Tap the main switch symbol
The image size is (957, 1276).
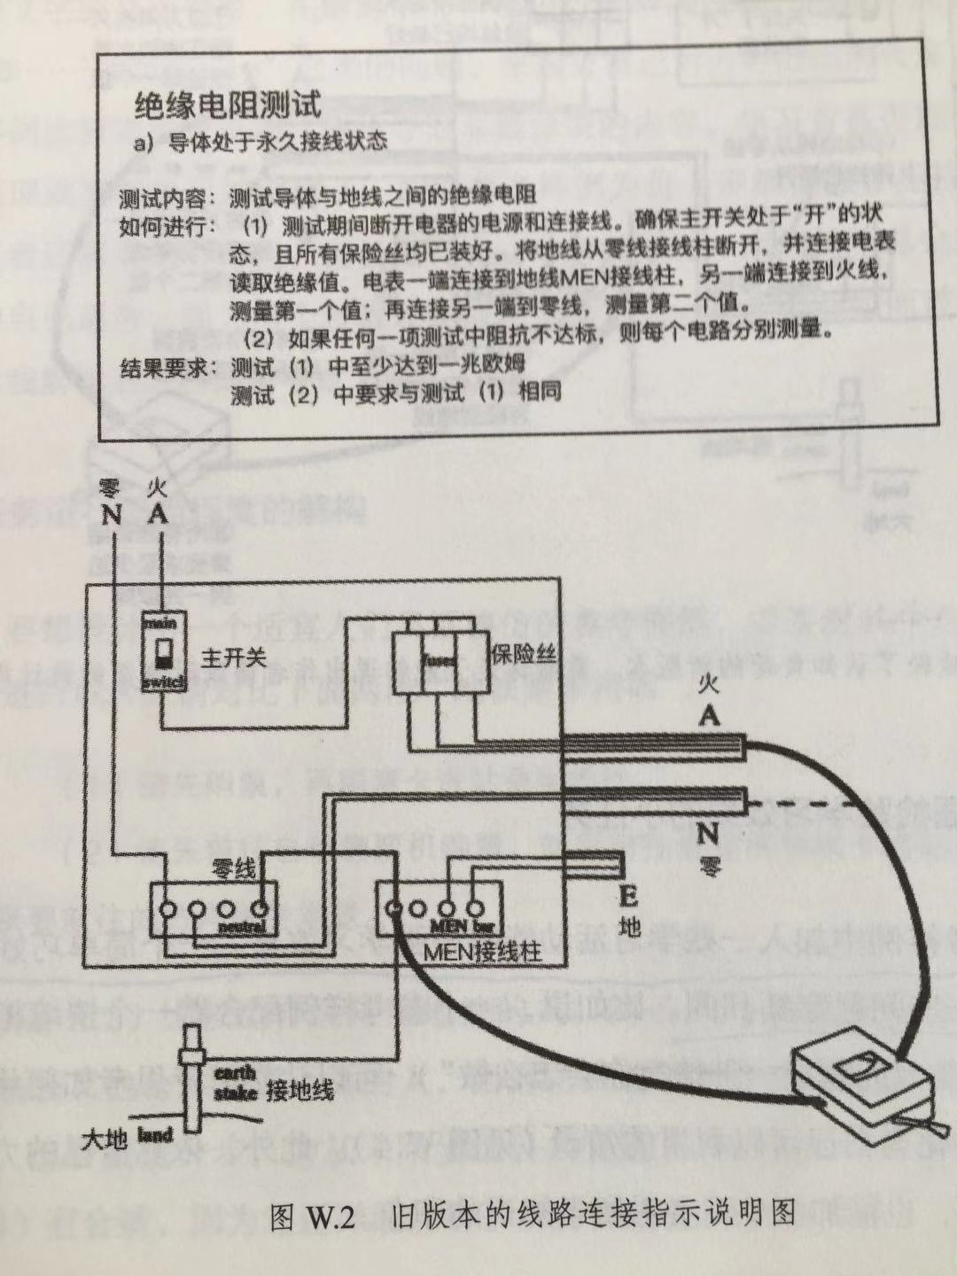(164, 653)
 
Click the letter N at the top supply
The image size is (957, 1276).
(112, 514)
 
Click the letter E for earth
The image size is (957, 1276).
(626, 898)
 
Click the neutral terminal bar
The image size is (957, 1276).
(212, 910)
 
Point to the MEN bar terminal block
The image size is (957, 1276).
(434, 910)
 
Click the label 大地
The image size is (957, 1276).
(104, 1139)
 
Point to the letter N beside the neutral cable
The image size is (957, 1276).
(707, 833)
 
